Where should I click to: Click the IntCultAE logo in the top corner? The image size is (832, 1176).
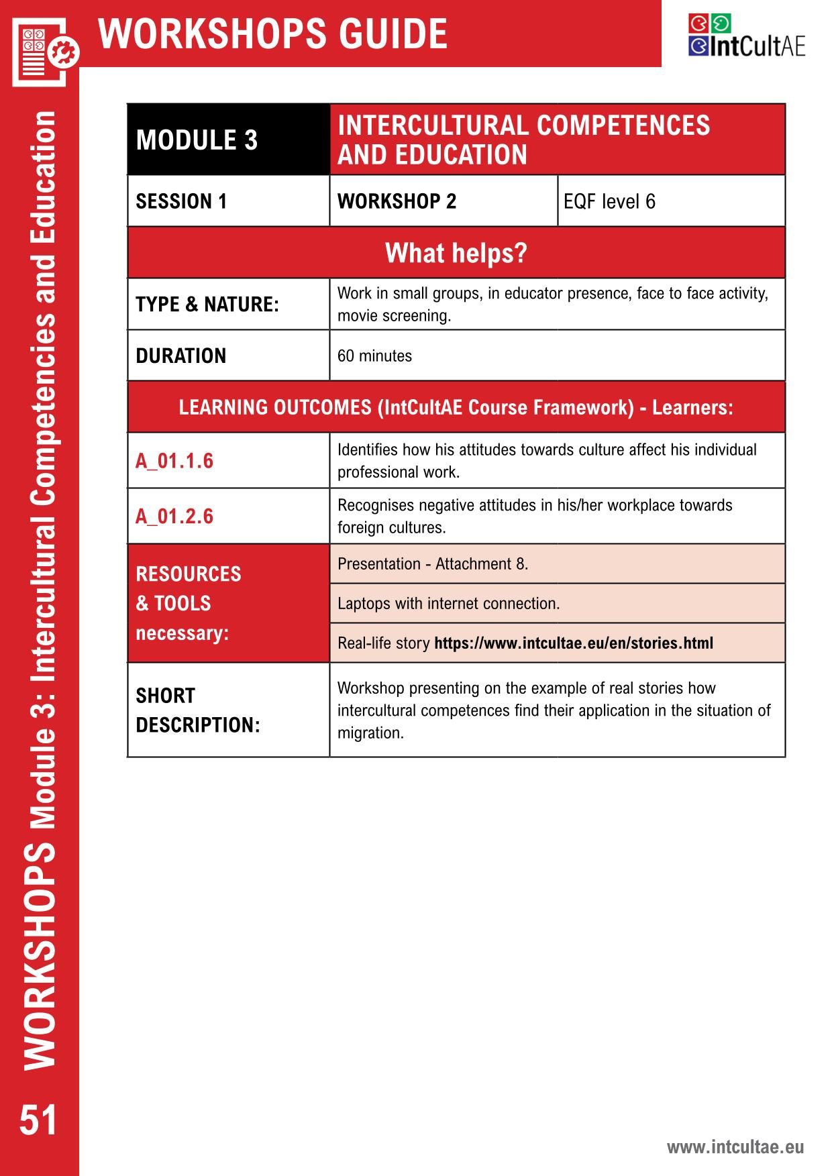(745, 36)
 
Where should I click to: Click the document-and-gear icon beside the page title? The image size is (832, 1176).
(44, 52)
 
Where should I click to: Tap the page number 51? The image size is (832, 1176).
(38, 1120)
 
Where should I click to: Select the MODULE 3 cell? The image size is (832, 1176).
(197, 140)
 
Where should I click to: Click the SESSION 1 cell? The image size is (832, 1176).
(181, 201)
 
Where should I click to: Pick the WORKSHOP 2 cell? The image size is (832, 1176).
(397, 201)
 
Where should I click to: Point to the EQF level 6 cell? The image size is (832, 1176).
(609, 201)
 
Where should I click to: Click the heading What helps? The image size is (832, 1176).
(456, 253)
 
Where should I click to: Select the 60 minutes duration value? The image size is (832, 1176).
(374, 356)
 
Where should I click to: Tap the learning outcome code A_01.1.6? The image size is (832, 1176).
(174, 461)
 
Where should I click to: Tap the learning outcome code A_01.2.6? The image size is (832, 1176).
(174, 516)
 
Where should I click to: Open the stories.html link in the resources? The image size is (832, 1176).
(574, 643)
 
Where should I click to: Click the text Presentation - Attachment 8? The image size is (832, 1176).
(433, 564)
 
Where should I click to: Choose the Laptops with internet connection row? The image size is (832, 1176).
(448, 603)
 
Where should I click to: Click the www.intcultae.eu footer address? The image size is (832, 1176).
(735, 1146)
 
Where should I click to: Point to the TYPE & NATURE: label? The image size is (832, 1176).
(207, 304)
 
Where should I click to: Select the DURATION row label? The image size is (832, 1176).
(180, 356)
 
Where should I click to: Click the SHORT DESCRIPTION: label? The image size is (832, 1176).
(197, 710)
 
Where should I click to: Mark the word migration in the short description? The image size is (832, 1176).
(370, 733)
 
